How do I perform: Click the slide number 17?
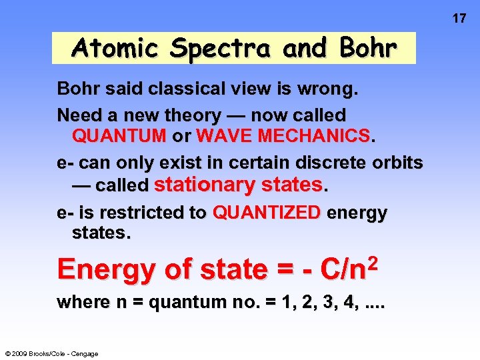[459, 18]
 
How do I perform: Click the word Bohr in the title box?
[367, 48]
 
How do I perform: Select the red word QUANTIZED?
[267, 213]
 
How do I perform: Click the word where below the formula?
[84, 302]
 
